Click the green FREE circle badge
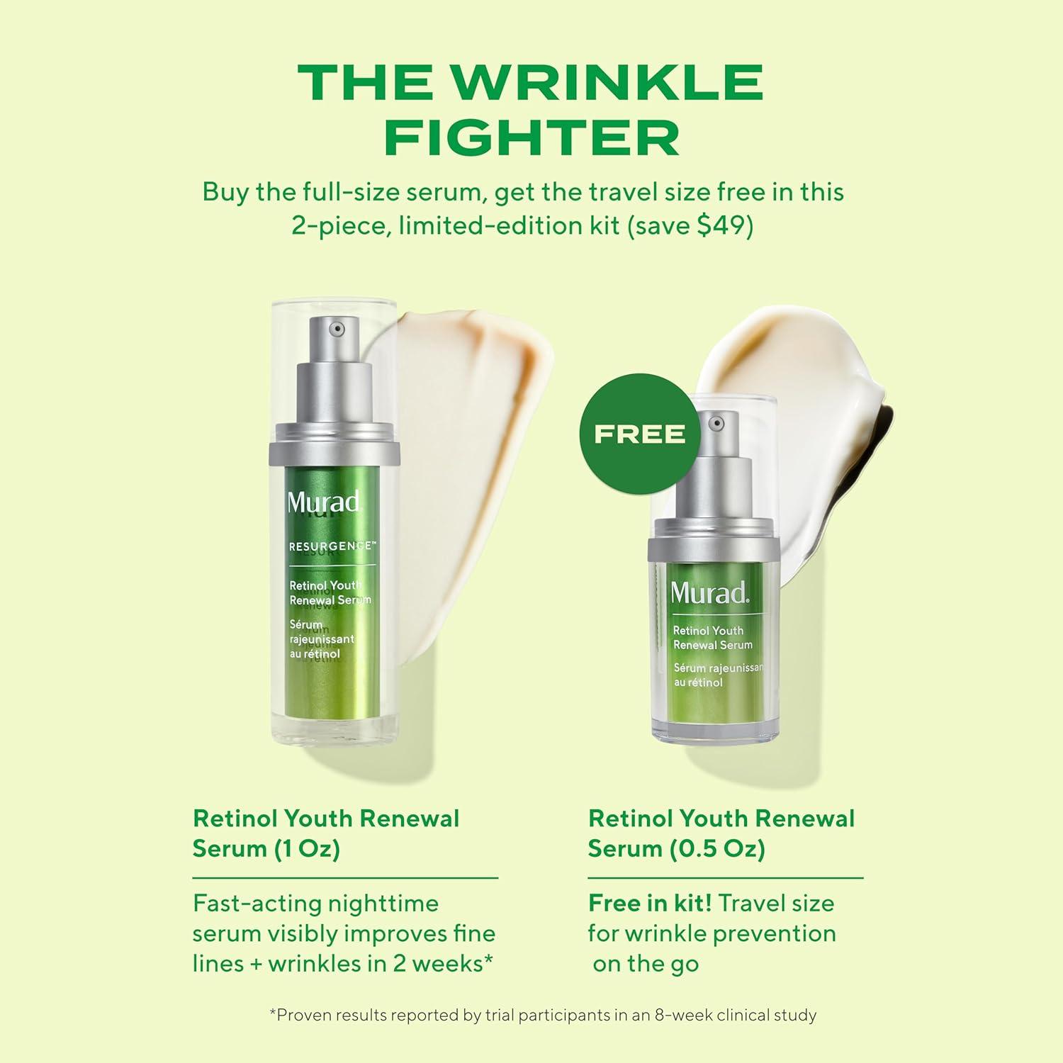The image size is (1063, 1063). point(639,433)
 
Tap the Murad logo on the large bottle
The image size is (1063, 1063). point(324,502)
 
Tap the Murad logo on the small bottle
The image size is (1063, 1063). point(709,592)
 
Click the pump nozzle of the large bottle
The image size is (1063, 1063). point(337,329)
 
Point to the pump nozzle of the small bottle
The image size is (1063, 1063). point(716,424)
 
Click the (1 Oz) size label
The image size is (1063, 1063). point(307,848)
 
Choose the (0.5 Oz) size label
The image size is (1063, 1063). point(717,848)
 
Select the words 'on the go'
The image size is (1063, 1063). point(646,964)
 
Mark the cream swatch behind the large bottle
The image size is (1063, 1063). point(482,425)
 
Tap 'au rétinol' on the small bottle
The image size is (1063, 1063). point(698,682)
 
